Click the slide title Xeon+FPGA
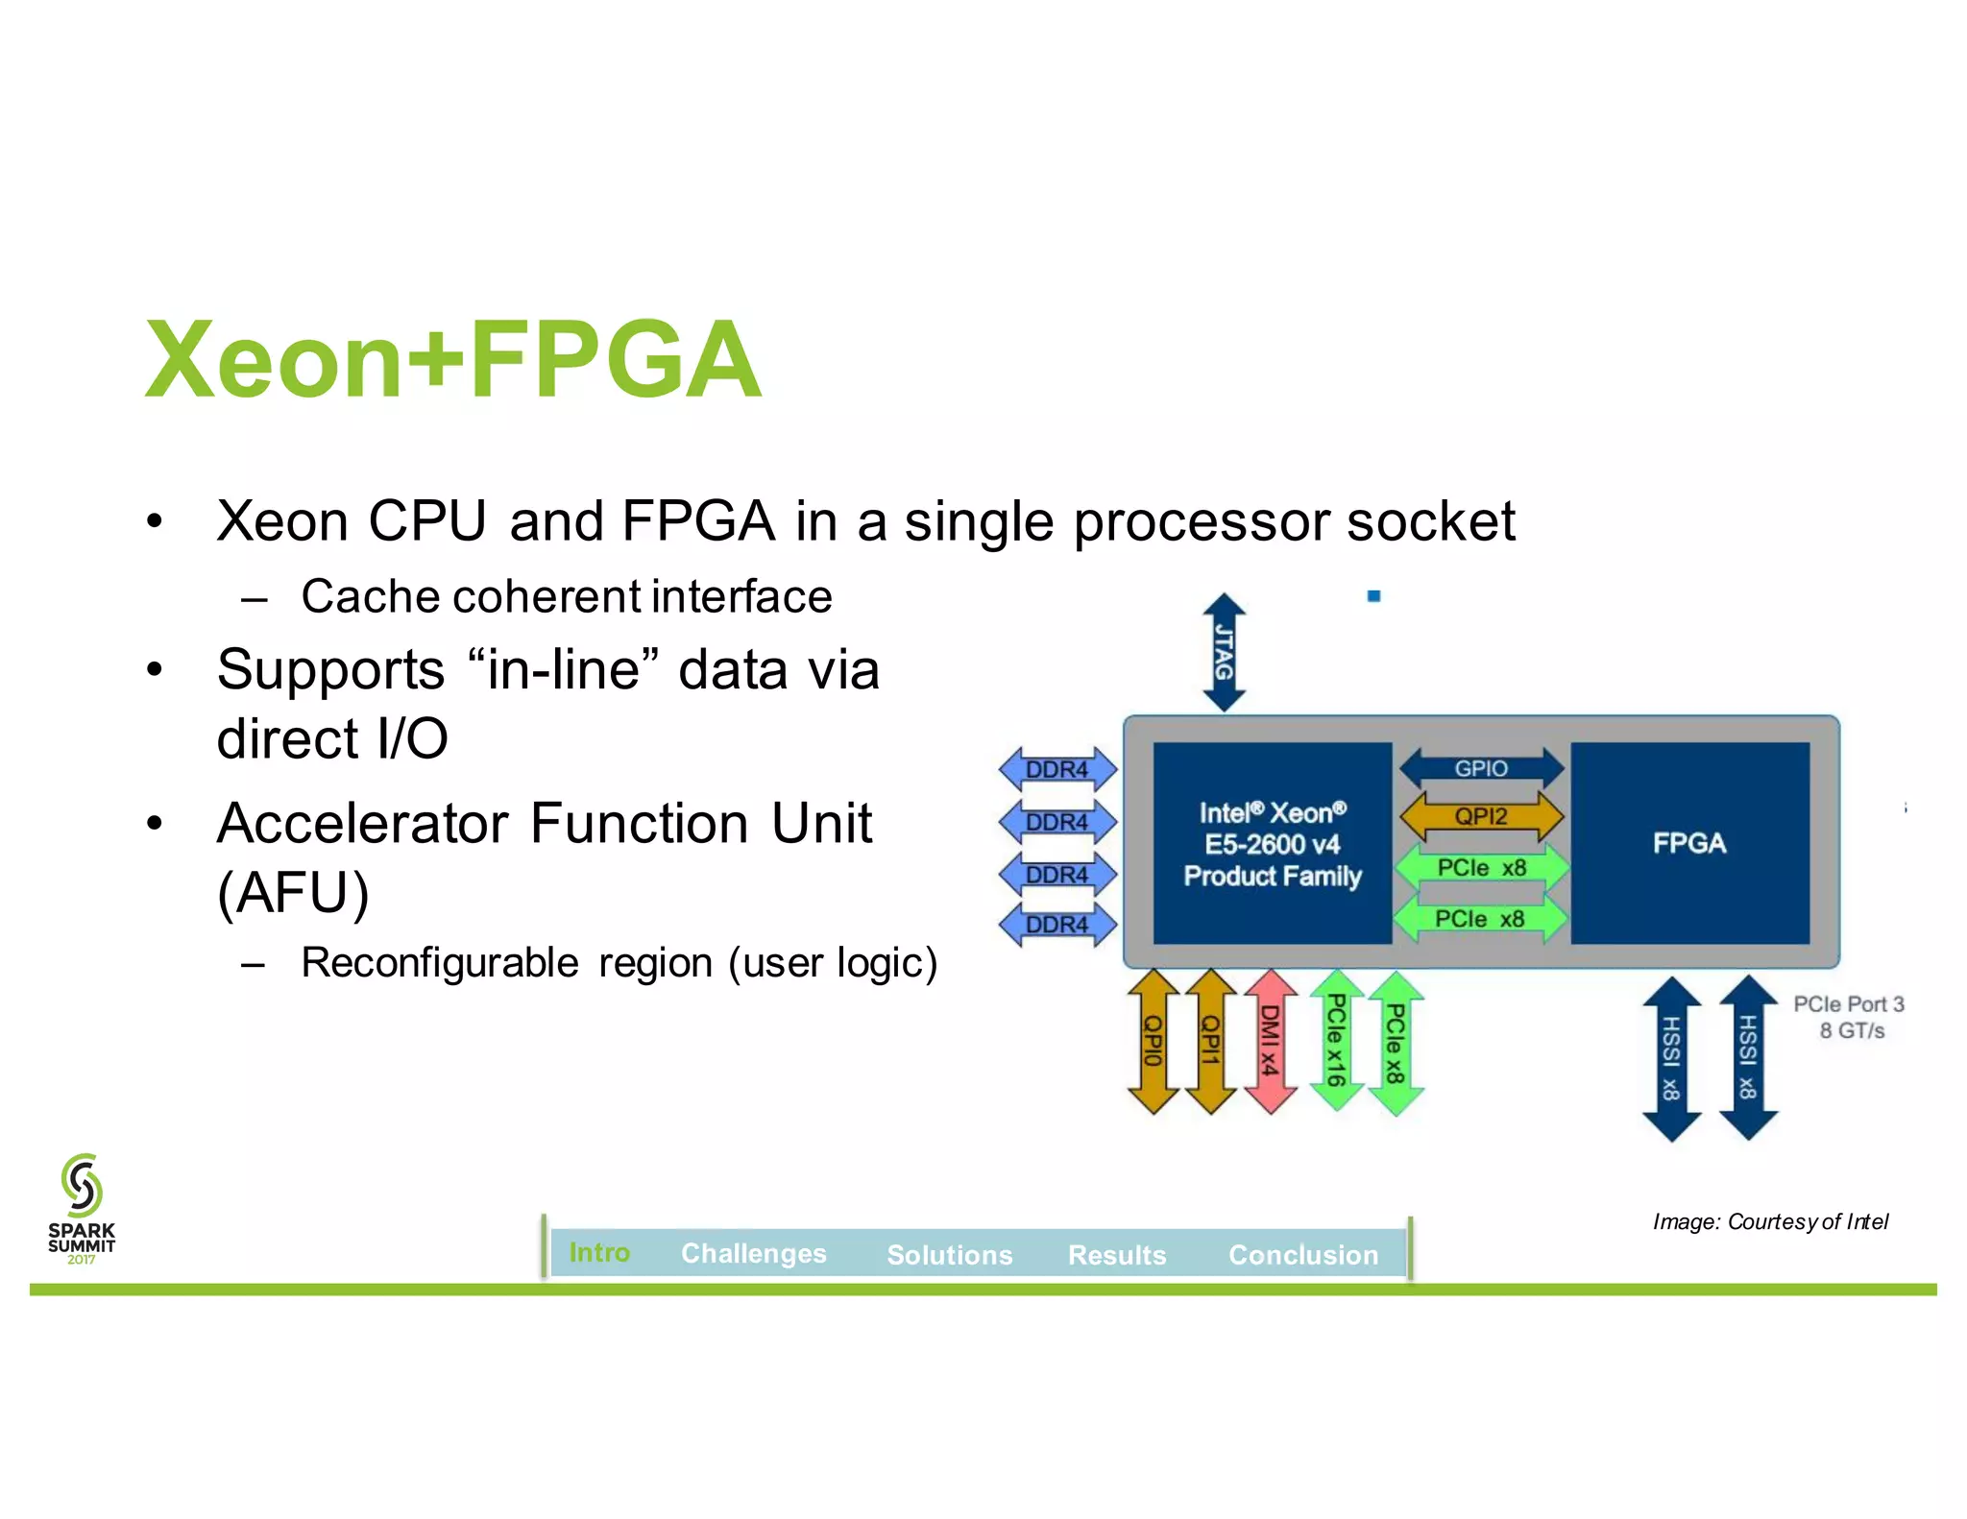453,360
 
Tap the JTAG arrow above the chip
1224,652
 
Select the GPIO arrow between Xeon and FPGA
1481,768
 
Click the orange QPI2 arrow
1481,817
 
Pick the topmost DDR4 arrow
1057,769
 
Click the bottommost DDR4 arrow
1057,925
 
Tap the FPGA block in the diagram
1689,843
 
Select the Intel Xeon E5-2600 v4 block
1272,843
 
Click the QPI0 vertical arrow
1153,1041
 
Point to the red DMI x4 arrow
1270,1041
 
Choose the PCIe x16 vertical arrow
1336,1041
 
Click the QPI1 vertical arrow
1210,1041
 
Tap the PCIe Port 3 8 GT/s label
1849,1017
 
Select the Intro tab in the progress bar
599,1252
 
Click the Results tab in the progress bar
1117,1254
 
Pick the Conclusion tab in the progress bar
1303,1254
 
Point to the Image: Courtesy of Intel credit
1770,1221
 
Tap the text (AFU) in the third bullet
293,893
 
